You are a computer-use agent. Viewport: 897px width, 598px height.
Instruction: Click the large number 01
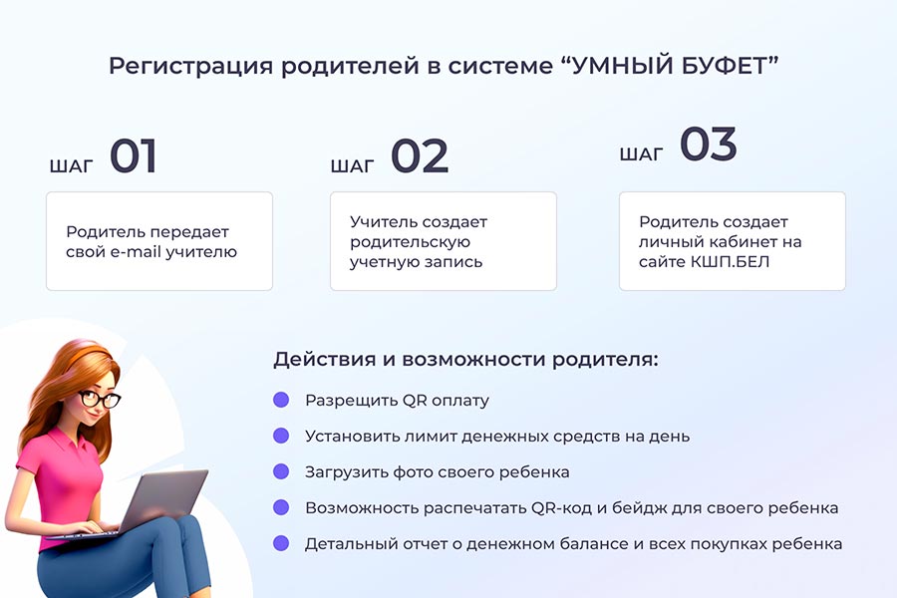(x=134, y=155)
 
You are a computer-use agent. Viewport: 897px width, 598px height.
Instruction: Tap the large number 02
(x=420, y=155)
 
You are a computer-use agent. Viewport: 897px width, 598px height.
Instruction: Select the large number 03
(x=709, y=144)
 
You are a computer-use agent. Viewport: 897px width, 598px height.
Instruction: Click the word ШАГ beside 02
(x=353, y=166)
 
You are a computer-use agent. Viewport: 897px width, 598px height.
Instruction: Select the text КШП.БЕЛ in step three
(x=730, y=262)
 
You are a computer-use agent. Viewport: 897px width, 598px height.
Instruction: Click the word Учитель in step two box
(x=385, y=222)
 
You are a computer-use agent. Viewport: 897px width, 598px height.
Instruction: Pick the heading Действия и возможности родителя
(x=465, y=360)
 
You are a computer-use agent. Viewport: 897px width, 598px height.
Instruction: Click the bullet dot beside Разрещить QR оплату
(x=281, y=400)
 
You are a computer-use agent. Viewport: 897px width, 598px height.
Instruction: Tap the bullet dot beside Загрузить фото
(x=281, y=471)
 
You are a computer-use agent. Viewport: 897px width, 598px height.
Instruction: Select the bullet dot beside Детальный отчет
(x=281, y=543)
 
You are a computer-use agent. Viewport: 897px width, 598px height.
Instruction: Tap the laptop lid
(x=164, y=499)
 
